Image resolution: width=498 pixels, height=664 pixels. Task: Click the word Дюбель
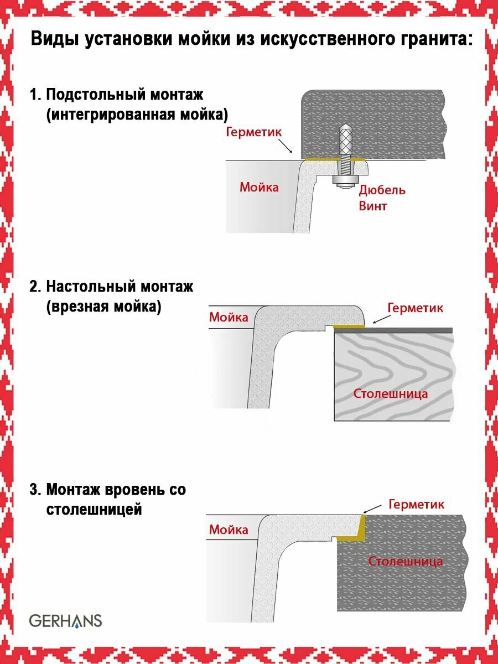(x=382, y=190)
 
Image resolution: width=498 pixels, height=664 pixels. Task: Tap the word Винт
(x=373, y=206)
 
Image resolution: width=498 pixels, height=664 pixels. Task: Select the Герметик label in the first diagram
(x=255, y=132)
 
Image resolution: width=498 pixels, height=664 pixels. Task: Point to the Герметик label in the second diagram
(x=416, y=307)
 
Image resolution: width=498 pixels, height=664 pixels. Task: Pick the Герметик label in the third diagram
(x=417, y=504)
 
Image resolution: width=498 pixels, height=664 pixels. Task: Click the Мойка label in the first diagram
(x=259, y=186)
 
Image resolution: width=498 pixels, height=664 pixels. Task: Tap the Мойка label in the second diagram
(x=229, y=317)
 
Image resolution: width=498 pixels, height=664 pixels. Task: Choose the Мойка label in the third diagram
(x=229, y=530)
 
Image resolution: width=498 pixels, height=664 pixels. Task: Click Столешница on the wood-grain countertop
(x=391, y=393)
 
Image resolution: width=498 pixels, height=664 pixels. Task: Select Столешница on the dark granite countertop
(x=406, y=561)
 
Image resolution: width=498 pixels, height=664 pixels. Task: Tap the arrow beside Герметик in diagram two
(x=379, y=319)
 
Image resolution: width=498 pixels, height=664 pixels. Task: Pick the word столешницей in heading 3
(x=94, y=509)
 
